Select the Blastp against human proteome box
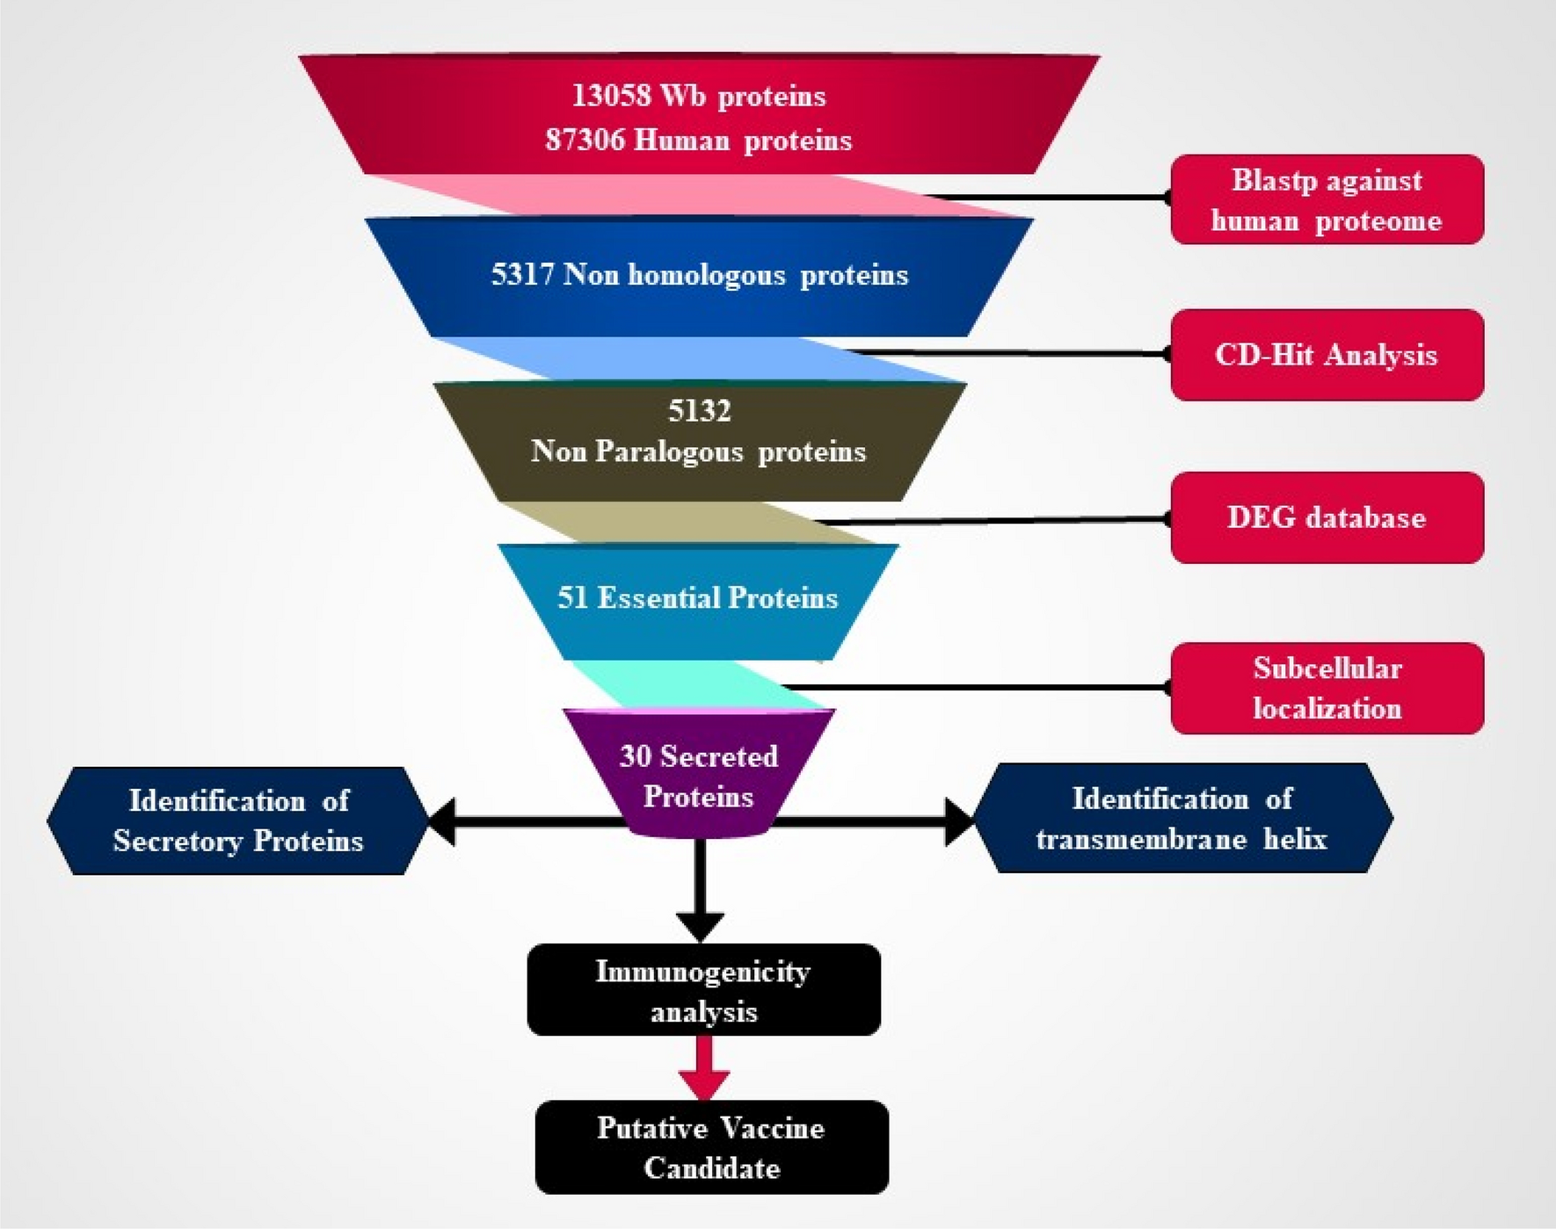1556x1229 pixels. (x=1327, y=200)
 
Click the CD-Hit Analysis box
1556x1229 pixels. (x=1327, y=355)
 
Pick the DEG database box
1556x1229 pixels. (x=1327, y=517)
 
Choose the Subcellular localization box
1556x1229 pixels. (x=1327, y=689)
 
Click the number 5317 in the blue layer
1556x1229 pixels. (x=522, y=275)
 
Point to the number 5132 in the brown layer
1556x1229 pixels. (x=699, y=411)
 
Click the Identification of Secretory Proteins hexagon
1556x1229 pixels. (x=237, y=821)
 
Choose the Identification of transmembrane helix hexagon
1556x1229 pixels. (x=1182, y=819)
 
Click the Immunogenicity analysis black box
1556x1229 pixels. (x=703, y=991)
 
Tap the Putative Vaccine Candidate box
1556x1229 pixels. (x=711, y=1148)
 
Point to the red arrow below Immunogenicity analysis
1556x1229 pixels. (x=703, y=1070)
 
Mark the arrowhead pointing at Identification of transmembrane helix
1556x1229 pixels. (x=959, y=821)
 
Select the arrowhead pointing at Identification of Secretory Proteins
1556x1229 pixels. (x=442, y=822)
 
